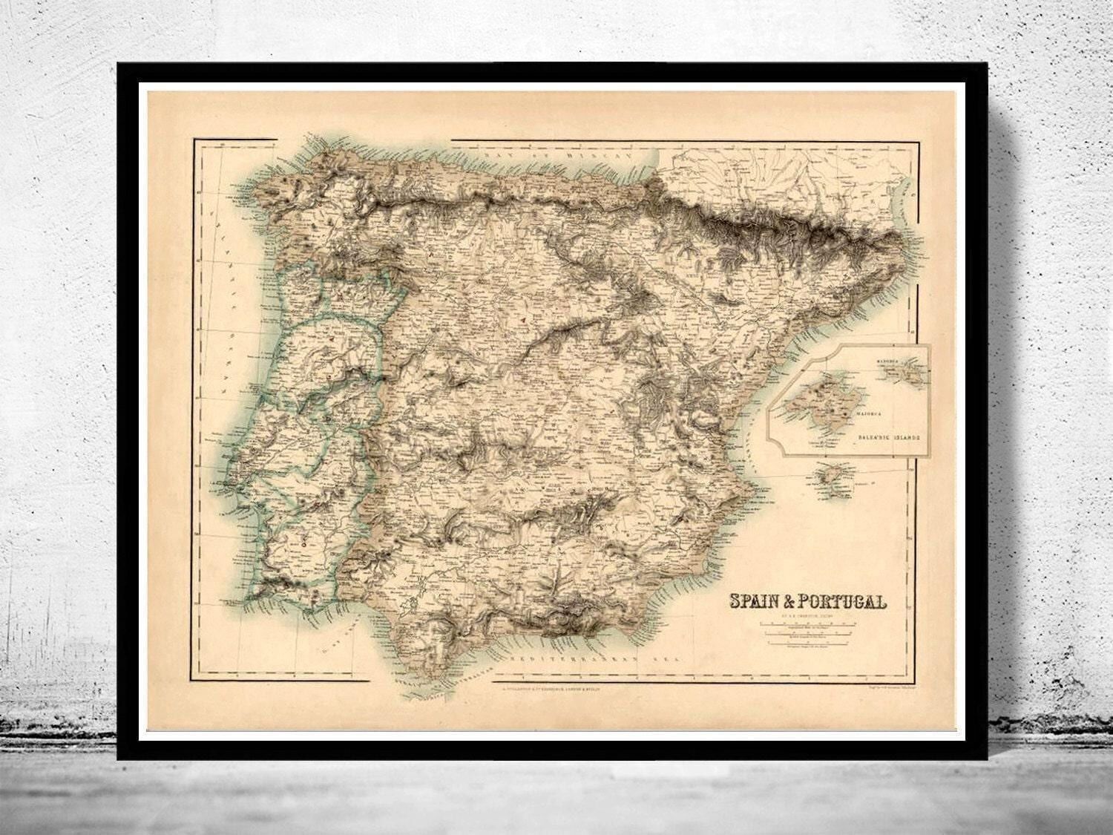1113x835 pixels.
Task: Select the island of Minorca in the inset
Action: click(x=912, y=371)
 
